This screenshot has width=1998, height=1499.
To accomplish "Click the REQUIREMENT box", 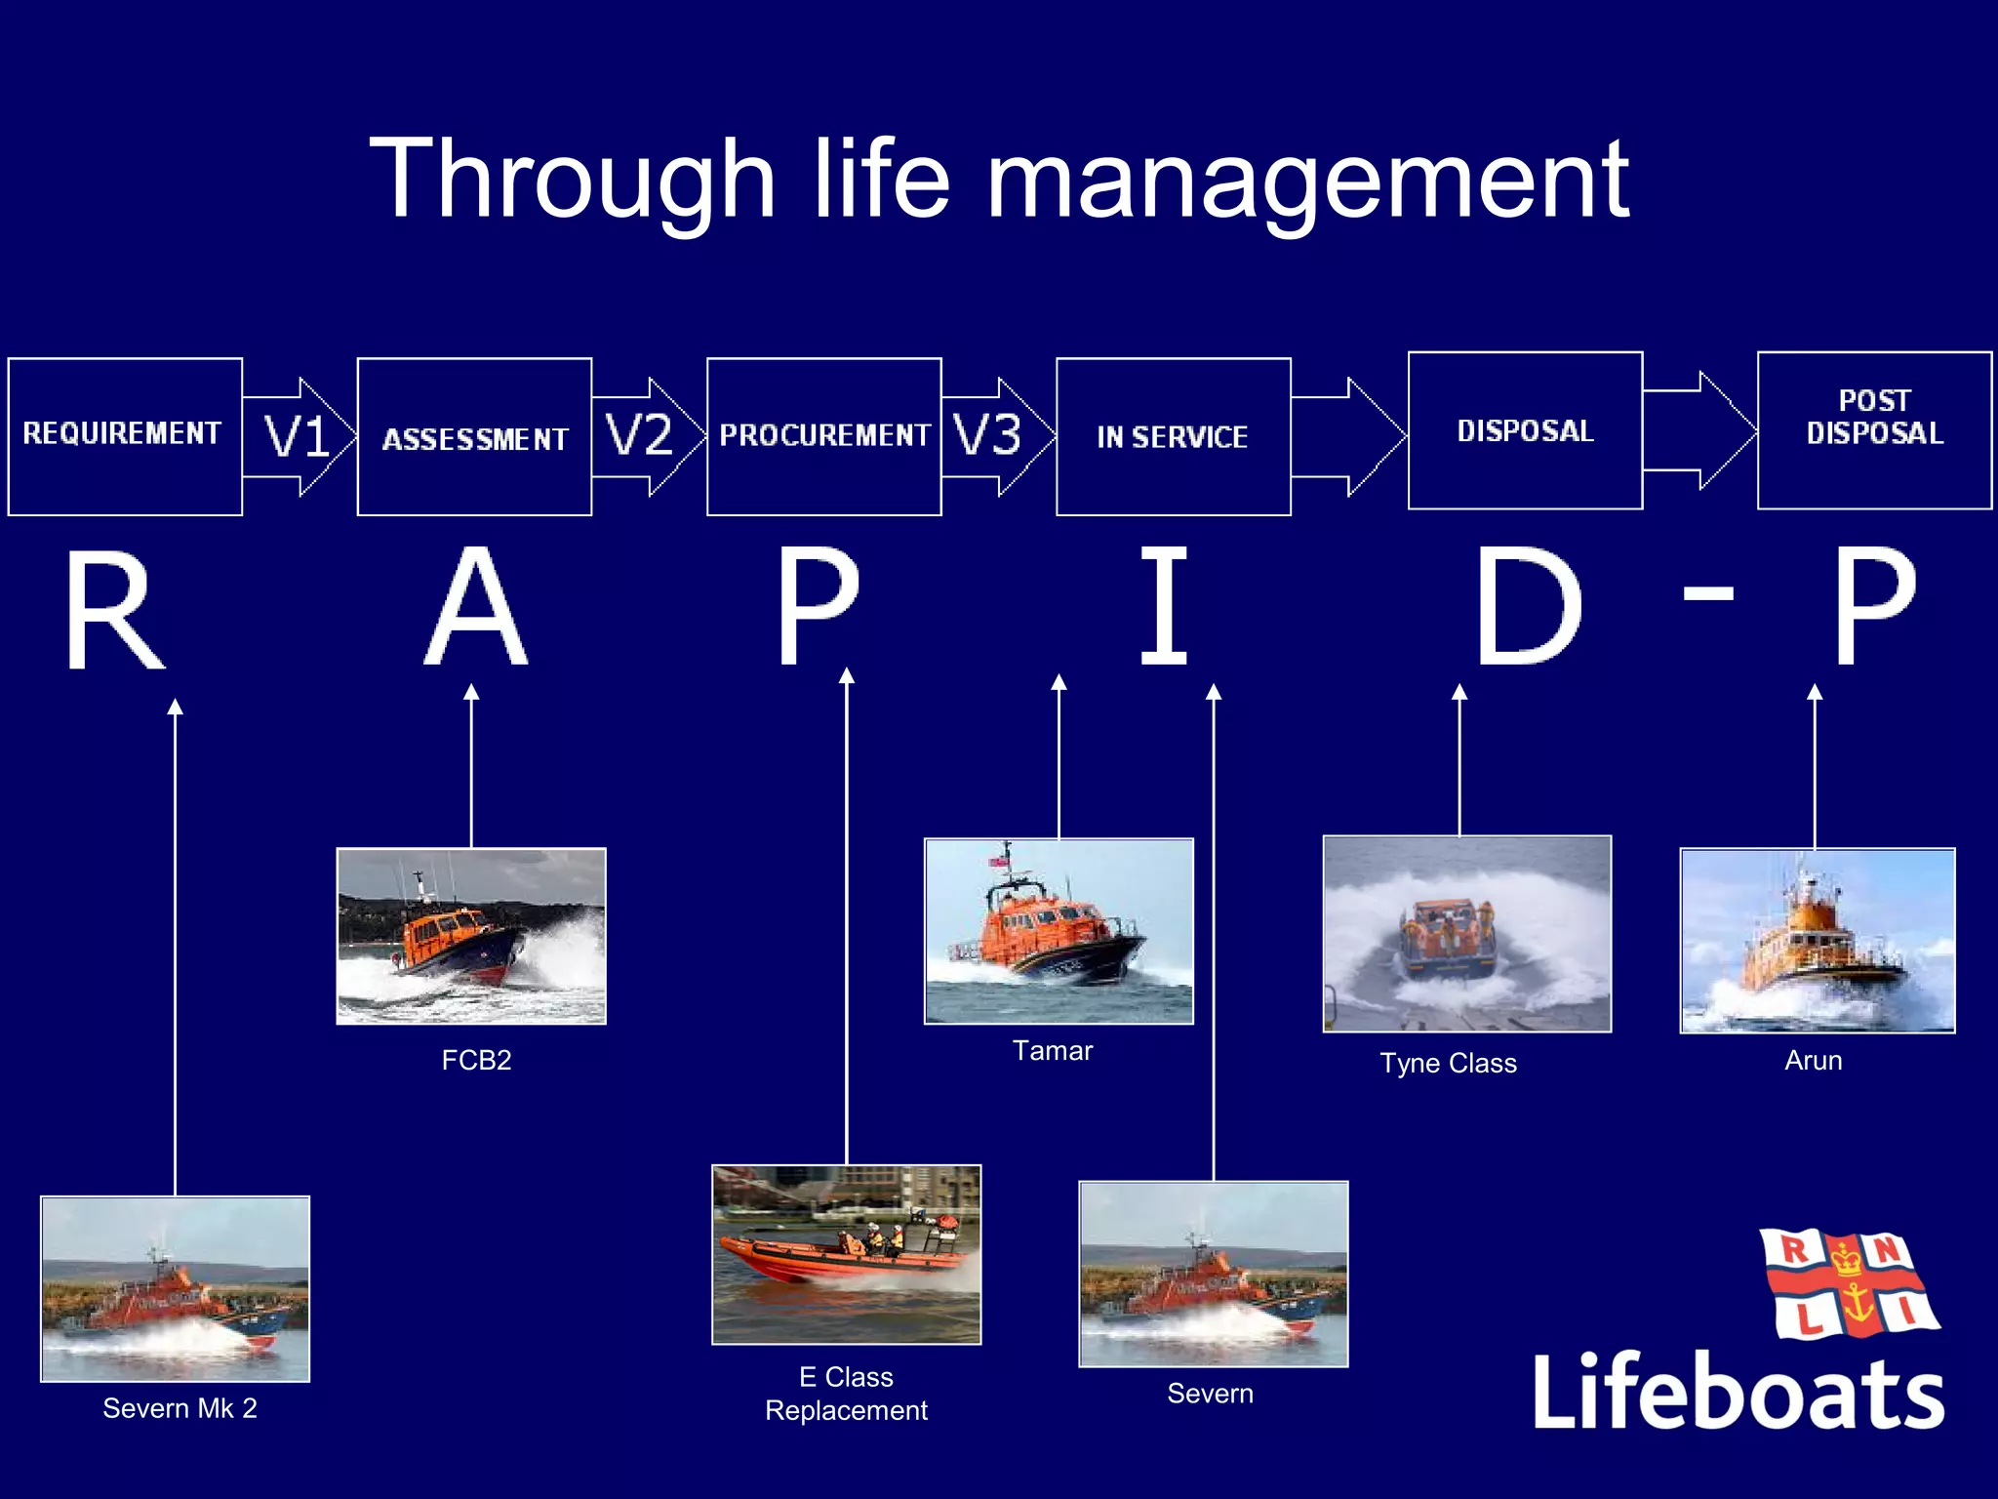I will coord(125,436).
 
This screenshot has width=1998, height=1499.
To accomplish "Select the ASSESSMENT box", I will coord(474,437).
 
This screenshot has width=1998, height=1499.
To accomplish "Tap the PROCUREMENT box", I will coord(823,436).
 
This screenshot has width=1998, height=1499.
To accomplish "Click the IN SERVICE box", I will coord(1173,436).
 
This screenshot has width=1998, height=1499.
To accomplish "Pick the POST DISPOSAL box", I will coord(1873,430).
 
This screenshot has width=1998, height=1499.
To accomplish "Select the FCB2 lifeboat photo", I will coord(471,936).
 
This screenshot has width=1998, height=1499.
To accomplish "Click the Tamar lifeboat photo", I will coord(1059,931).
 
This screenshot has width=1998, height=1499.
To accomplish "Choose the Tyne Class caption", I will coord(1448,1063).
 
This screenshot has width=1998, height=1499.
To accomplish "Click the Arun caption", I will coord(1813,1060).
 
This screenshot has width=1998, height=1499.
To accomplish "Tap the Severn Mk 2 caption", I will coord(180,1408).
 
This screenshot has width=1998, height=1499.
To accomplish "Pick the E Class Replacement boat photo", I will coord(846,1254).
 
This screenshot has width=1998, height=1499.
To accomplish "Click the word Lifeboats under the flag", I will coord(1738,1392).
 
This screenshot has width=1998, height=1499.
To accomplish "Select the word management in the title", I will coord(1307,181).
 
